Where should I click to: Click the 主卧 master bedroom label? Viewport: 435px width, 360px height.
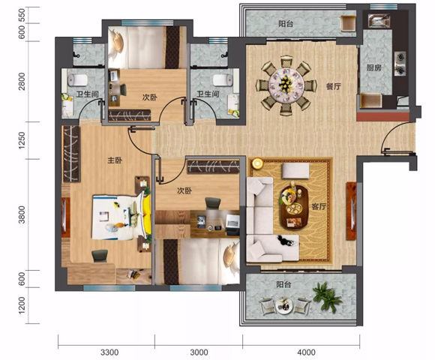(115, 160)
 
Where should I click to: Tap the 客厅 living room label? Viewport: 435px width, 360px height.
(319, 207)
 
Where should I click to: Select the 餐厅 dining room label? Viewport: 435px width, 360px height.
(334, 86)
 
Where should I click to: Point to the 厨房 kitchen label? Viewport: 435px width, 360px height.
(374, 67)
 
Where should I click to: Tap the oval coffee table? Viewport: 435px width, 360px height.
(294, 207)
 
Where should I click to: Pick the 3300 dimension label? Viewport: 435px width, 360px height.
(109, 352)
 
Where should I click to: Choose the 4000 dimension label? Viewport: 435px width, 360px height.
(306, 352)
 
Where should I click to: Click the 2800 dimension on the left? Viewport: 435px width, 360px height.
(21, 82)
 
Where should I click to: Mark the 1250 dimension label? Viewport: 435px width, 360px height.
(21, 140)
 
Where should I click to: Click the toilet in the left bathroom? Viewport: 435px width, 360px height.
(77, 80)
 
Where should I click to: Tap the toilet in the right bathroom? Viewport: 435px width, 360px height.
(223, 80)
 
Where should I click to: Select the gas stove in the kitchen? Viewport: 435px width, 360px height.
(400, 64)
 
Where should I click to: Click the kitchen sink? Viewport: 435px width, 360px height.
(379, 20)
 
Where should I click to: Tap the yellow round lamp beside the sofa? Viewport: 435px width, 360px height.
(257, 163)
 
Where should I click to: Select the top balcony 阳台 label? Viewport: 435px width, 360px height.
(286, 24)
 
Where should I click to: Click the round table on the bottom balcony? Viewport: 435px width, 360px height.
(284, 306)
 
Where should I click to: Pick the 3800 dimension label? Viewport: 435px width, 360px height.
(21, 214)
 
